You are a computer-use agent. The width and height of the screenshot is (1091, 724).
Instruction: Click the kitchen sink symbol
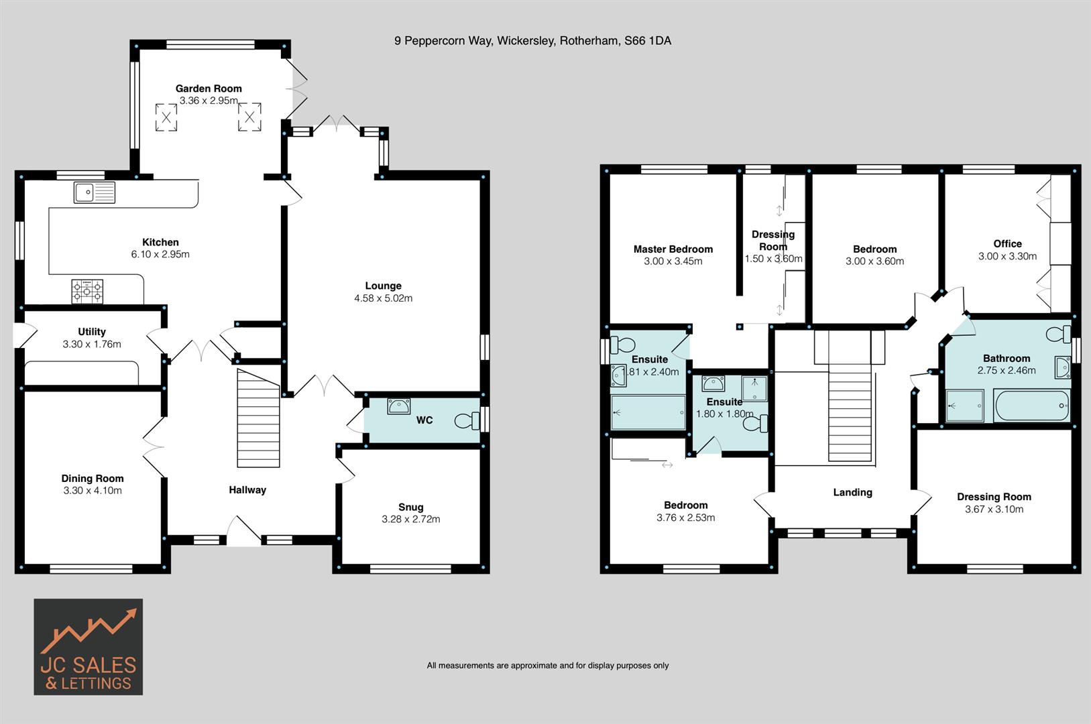94,192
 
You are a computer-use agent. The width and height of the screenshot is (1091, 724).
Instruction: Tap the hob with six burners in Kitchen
87,292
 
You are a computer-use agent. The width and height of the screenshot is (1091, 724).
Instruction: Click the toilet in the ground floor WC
467,421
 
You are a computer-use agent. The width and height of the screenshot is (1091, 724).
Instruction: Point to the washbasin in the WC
399,406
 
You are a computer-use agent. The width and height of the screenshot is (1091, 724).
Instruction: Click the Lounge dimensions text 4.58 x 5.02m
383,298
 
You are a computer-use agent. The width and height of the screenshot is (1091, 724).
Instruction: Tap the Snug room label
410,507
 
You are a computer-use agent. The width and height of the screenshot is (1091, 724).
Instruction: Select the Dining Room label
93,478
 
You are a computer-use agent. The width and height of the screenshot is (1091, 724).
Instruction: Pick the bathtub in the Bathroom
1032,406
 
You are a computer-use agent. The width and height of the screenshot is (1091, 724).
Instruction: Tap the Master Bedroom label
673,249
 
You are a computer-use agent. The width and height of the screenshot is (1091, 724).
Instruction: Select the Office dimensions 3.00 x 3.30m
1007,256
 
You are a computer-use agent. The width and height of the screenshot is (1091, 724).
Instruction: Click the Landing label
852,492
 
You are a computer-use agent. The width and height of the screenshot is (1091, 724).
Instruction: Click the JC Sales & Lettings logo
88,646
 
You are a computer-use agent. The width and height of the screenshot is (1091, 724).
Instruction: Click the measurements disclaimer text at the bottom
548,666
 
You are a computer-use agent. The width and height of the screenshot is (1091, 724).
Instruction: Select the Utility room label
92,332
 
